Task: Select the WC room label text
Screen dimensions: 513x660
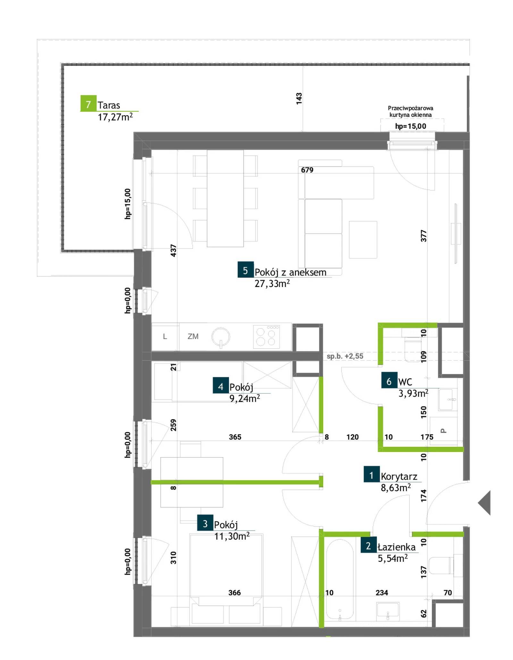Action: point(405,382)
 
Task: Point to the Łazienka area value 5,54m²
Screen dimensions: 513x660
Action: point(393,559)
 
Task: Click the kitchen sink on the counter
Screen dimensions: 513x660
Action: point(221,337)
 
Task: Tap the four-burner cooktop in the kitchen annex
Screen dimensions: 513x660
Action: point(266,337)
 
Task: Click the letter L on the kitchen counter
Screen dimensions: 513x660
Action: point(165,336)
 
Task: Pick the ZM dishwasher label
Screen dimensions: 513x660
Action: point(193,336)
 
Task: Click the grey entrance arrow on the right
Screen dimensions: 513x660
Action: point(484,503)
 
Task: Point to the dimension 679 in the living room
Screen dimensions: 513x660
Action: point(307,170)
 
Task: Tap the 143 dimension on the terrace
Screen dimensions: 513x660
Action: point(299,99)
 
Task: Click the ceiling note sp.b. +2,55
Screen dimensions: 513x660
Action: point(345,356)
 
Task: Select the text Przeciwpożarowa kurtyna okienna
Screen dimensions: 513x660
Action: point(410,111)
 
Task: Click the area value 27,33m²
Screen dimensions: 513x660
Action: point(272,283)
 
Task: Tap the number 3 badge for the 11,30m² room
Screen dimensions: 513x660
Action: point(205,524)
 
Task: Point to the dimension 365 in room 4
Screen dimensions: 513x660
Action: point(235,437)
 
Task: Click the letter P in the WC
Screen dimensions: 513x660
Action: point(444,431)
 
